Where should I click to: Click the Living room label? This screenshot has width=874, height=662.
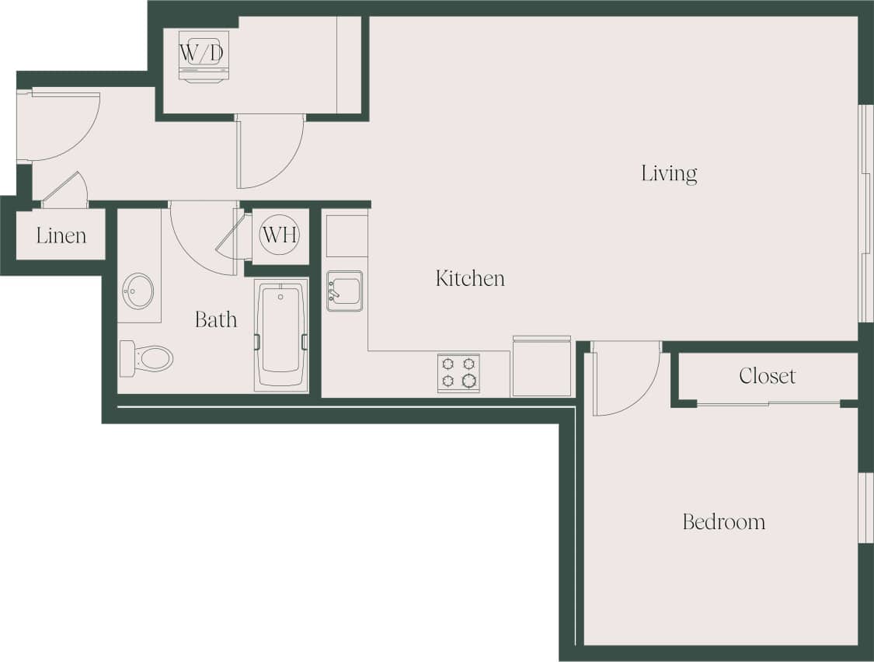(669, 173)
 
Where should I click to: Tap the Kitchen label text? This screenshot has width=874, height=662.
(470, 278)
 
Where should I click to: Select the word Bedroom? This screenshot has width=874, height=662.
(723, 521)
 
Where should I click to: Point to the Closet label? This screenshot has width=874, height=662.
(767, 376)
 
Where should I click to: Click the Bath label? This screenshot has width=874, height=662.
(215, 319)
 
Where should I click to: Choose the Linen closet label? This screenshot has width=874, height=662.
(61, 235)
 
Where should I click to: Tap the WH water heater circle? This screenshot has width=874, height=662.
(280, 235)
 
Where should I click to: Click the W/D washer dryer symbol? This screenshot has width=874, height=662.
(204, 54)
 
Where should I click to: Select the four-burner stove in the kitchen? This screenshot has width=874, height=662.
(458, 373)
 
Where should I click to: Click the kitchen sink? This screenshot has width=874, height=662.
(344, 291)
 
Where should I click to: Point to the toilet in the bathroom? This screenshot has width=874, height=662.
(147, 358)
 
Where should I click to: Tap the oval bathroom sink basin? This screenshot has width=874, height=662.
(138, 291)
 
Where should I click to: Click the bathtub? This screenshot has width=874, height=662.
(280, 335)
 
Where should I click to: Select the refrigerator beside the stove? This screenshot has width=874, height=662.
(541, 367)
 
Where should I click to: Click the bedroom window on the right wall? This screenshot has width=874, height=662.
(865, 507)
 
